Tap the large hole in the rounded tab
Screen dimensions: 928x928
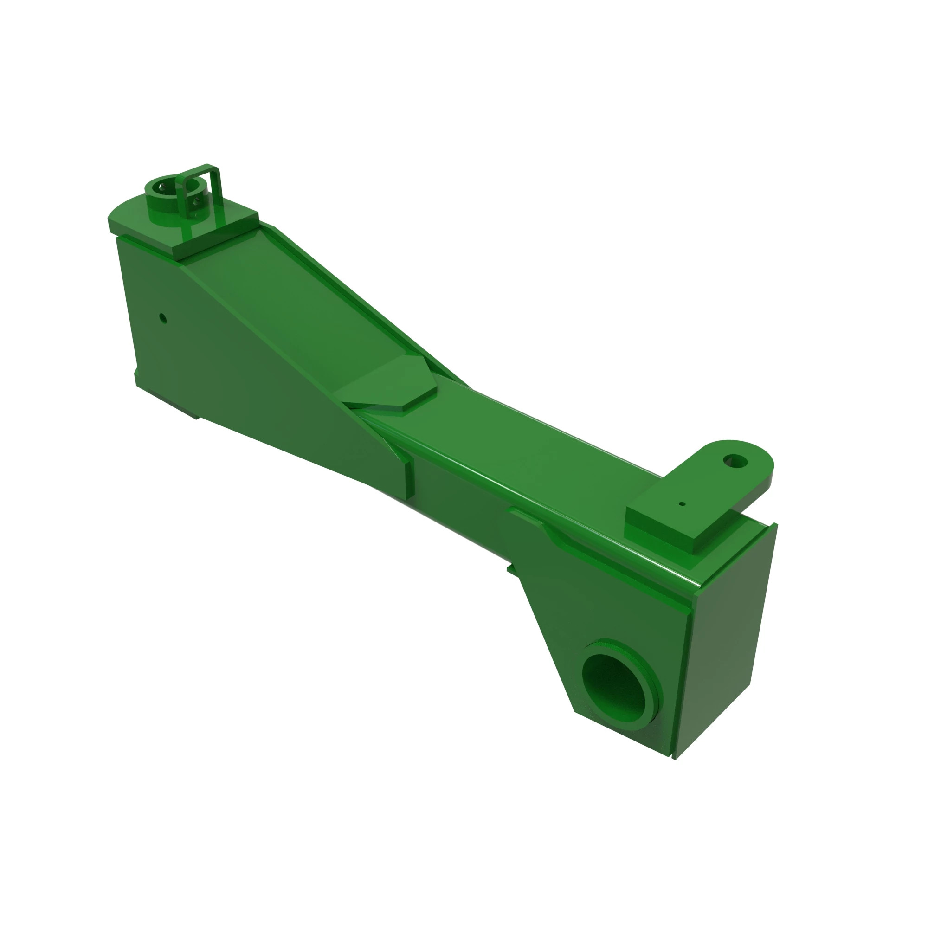coord(735,462)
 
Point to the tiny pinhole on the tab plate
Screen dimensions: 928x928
coord(682,504)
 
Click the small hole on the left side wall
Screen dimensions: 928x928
coord(163,318)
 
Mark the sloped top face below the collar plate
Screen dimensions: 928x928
coord(288,298)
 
